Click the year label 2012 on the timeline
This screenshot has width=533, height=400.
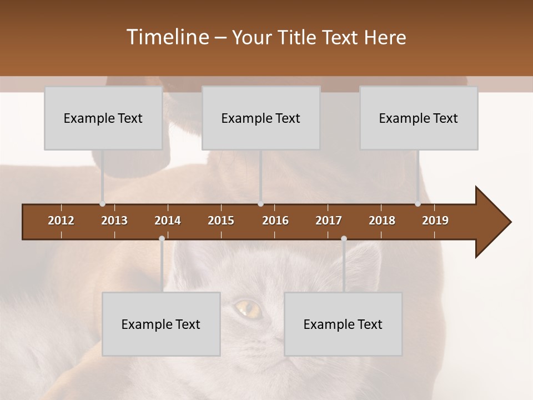[61, 221]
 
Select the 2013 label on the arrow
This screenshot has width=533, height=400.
[114, 221]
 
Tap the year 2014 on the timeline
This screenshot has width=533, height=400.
[168, 221]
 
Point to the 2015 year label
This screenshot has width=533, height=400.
[221, 221]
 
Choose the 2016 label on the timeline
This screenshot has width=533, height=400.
[275, 221]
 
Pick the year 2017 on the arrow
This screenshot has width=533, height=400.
[329, 221]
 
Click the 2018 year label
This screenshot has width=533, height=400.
[382, 221]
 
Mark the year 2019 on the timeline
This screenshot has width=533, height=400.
[435, 221]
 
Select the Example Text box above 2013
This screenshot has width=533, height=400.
[103, 118]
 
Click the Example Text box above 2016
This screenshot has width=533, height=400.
[261, 118]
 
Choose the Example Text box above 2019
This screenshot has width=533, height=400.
[419, 118]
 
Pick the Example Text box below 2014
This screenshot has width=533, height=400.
[161, 324]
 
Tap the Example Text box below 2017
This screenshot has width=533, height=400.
[343, 324]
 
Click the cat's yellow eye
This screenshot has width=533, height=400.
[245, 306]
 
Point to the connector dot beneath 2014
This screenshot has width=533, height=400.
[162, 238]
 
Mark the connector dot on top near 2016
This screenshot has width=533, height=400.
[261, 204]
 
